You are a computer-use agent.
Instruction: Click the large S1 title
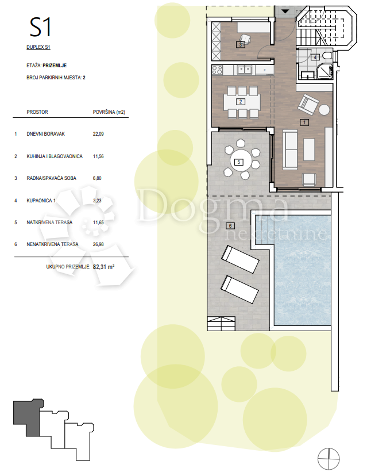pos(40,28)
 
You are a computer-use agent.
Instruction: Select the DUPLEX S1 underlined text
pos(38,47)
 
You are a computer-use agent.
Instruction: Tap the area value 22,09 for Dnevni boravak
pos(98,134)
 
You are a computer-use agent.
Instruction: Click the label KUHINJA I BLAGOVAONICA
pos(55,156)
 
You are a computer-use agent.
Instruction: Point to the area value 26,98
pos(98,244)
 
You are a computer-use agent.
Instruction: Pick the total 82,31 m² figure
pos(104,267)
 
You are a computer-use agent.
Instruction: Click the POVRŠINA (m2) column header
pos(109,112)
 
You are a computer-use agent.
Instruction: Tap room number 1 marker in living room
pos(305,122)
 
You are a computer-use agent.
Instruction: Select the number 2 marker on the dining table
pos(241,102)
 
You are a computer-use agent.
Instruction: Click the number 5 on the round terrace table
pos(239,162)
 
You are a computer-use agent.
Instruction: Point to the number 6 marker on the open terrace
pos(230,226)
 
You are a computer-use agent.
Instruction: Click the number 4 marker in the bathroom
pos(315,57)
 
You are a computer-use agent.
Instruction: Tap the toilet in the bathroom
pos(327,56)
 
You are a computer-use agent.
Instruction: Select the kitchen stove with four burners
pos(217,70)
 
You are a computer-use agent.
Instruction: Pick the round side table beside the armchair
pos(324,110)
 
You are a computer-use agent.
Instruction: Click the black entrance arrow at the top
pos(285,11)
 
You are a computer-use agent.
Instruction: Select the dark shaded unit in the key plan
pos(28,416)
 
